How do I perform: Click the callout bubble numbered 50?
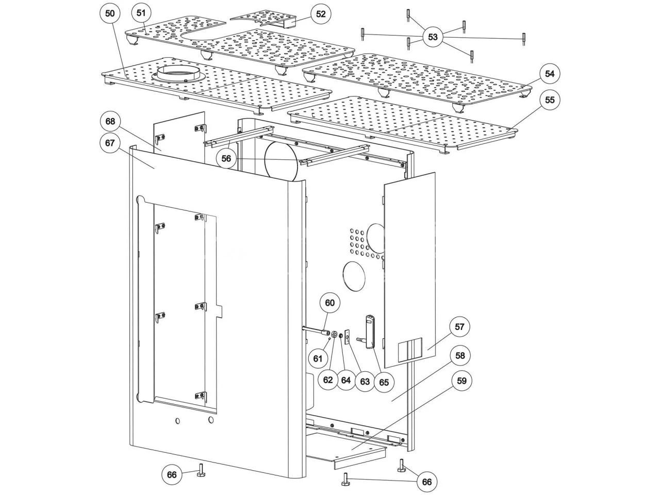pos(110,13)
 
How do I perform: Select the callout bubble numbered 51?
pos(141,13)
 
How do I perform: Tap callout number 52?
pos(321,14)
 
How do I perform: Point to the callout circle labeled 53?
pos(433,37)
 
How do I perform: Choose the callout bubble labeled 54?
pos(549,74)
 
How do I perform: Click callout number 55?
pos(549,100)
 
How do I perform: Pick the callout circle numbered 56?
pos(226,158)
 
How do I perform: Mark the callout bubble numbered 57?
pos(459,327)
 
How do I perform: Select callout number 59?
pos(461,381)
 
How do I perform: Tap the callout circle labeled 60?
pos(330,303)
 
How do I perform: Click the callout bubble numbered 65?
pos(384,382)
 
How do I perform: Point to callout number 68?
pos(110,121)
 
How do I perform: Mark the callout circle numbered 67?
pos(110,142)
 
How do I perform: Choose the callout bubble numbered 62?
pos(328,380)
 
